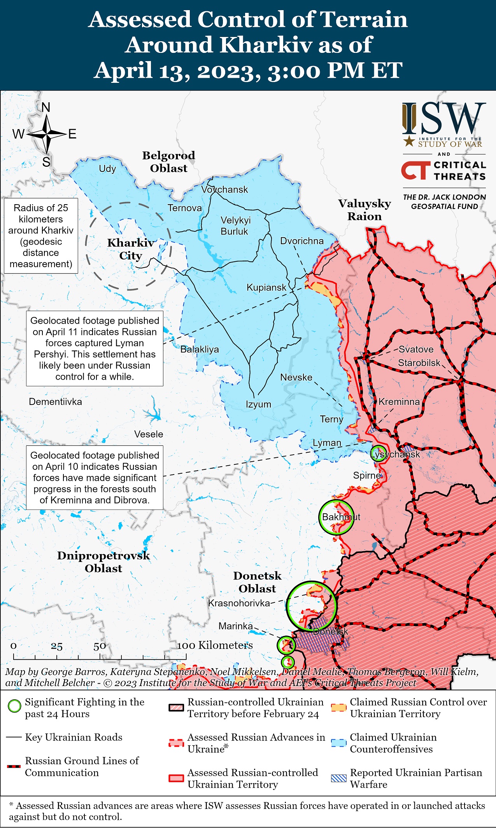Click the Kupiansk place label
[x=266, y=288]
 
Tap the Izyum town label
[x=258, y=404]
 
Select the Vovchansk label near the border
[x=224, y=190]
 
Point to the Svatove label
[x=416, y=349]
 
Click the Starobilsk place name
[x=419, y=363]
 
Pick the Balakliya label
[x=200, y=349]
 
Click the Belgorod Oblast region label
[x=168, y=162]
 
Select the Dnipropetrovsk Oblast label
[x=103, y=562]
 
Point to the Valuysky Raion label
[x=365, y=210]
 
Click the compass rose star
[x=47, y=134]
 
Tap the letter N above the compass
[x=46, y=107]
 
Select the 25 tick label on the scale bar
[x=57, y=646]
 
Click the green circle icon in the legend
[x=15, y=706]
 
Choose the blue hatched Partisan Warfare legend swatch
[x=338, y=778]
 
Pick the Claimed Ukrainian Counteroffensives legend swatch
[x=338, y=743]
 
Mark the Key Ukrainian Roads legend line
[x=14, y=737]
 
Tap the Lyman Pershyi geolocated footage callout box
[x=95, y=348]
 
